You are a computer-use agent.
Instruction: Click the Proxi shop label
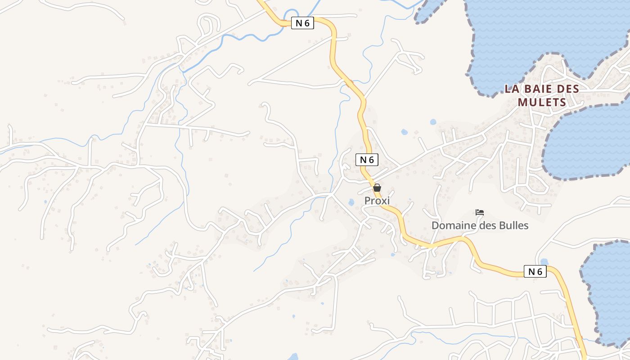pos(377,201)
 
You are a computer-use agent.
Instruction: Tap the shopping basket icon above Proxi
pos(377,188)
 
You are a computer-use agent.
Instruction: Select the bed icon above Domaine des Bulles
pos(480,212)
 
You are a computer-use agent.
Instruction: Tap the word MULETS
pos(542,102)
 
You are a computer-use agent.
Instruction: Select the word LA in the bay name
pos(512,89)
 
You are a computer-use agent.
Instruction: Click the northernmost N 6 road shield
pos(302,23)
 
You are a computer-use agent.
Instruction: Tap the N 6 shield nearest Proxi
pos(367,159)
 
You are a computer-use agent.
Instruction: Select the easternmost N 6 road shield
pos(535,271)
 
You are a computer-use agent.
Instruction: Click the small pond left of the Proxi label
pos(351,202)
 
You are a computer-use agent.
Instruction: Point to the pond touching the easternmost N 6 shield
pos(544,262)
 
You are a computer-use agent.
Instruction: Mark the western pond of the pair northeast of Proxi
pos(404,132)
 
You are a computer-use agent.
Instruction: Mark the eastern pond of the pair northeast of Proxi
pos(433,121)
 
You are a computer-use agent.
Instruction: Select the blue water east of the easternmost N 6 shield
pos(607,288)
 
